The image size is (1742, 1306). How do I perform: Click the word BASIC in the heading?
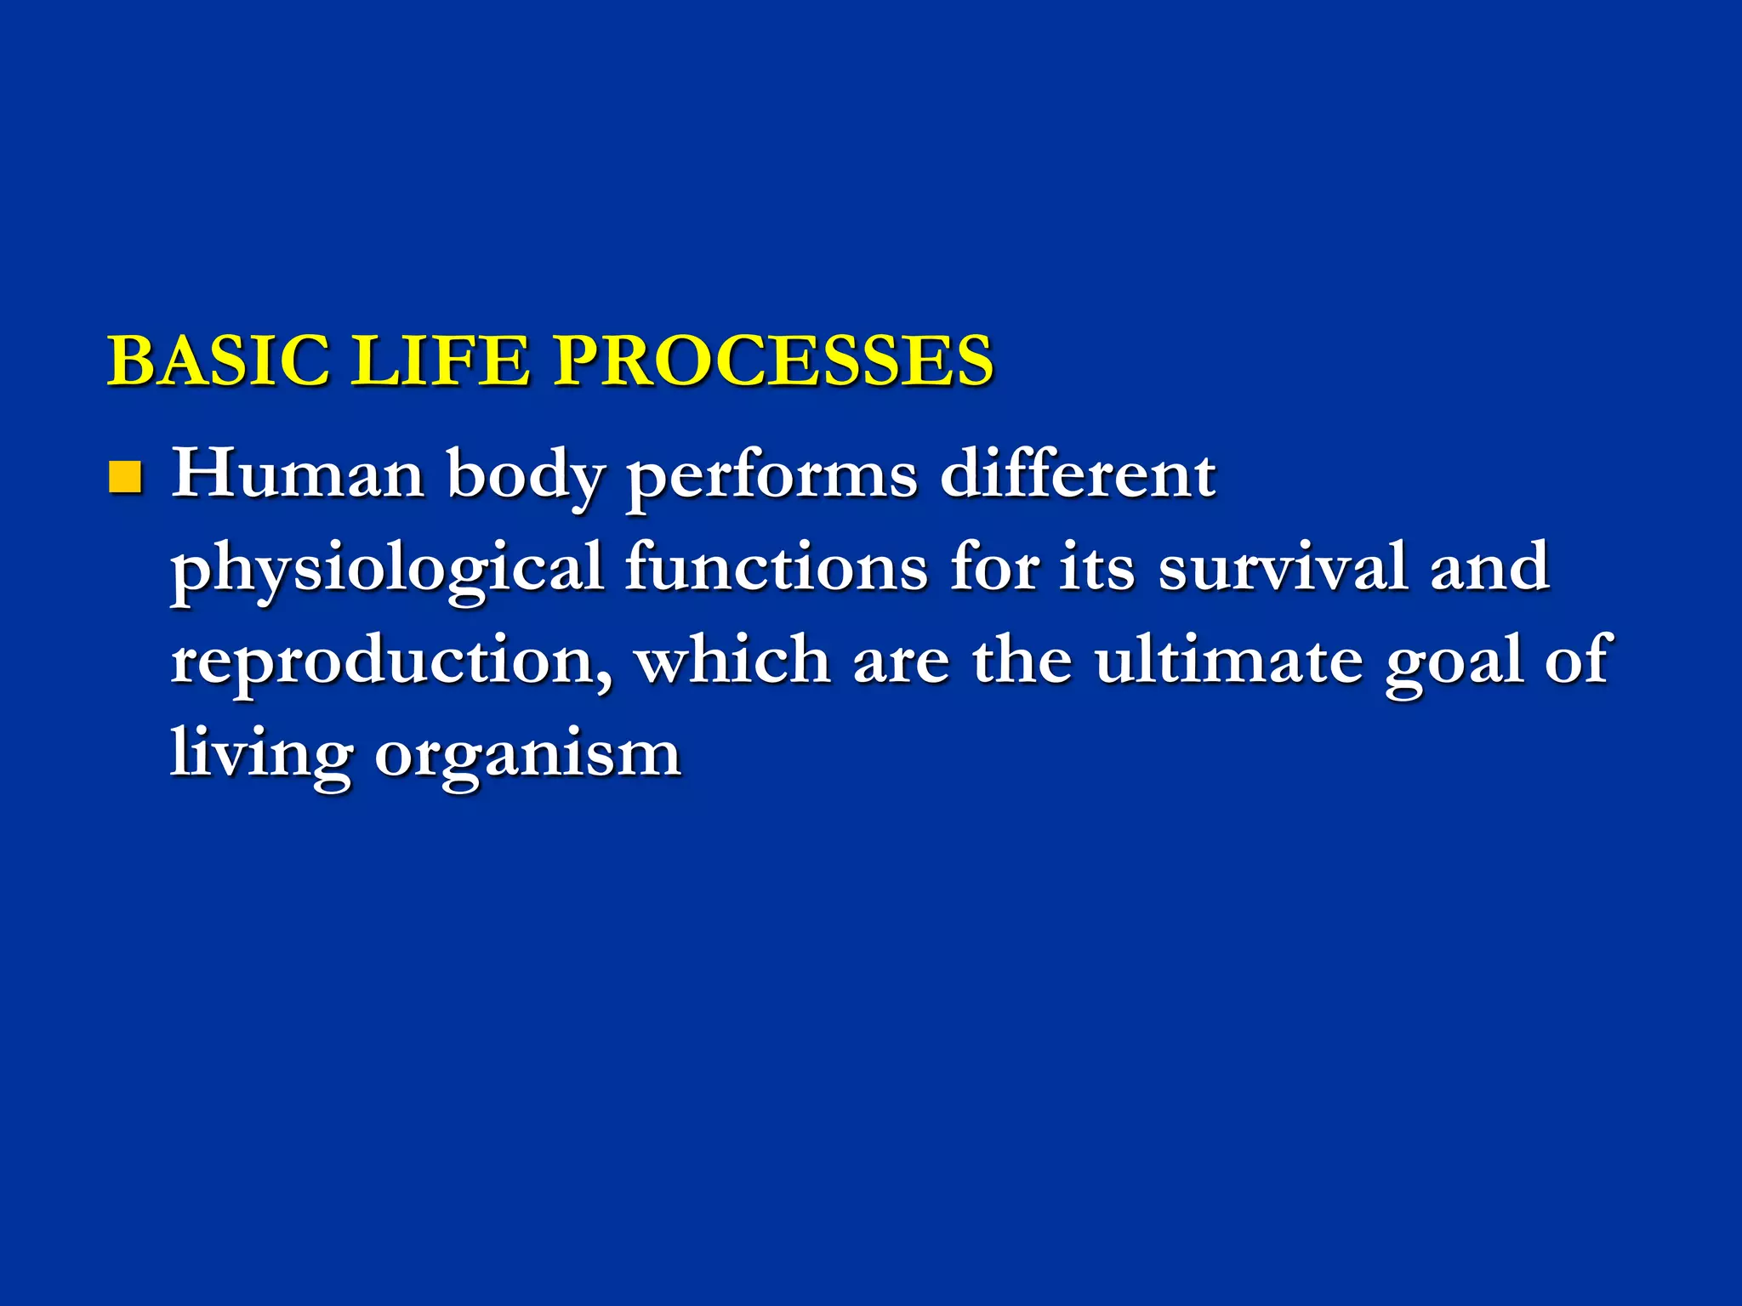(218, 361)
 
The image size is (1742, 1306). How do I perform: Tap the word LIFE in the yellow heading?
(441, 361)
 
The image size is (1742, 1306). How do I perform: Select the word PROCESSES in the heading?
(774, 361)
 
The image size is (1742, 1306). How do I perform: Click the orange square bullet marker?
(124, 478)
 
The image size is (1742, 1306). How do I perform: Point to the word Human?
(298, 474)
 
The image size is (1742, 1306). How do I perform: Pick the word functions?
(776, 567)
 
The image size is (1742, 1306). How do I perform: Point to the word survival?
(1283, 567)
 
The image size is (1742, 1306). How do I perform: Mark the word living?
(260, 755)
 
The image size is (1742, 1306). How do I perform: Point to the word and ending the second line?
(1489, 567)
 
